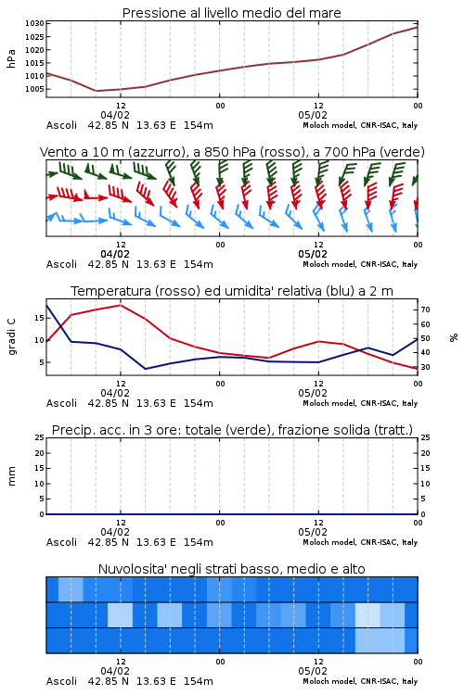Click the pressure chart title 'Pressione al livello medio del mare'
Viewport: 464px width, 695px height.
tap(231, 13)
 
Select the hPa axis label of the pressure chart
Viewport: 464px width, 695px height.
tap(11, 58)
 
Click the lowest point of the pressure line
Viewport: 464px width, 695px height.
tap(96, 91)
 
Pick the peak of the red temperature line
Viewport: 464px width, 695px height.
tap(121, 305)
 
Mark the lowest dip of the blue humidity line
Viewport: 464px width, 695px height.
tap(146, 369)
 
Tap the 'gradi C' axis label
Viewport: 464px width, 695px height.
tap(11, 336)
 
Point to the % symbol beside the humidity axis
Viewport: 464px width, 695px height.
tap(454, 337)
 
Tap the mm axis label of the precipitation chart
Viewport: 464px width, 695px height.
tap(11, 476)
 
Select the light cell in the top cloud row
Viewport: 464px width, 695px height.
tap(71, 589)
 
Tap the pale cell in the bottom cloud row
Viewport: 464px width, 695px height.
tap(380, 640)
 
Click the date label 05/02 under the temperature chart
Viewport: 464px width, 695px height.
tap(313, 393)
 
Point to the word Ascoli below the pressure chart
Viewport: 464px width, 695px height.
tap(62, 125)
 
